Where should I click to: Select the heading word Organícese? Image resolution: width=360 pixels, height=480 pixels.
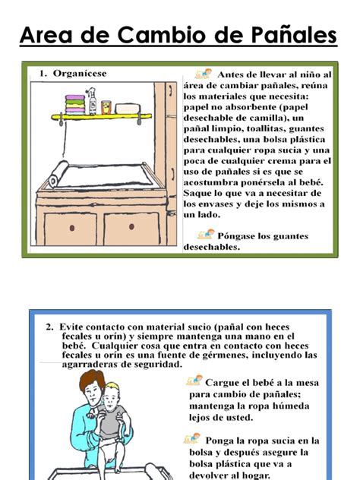pyautogui.click(x=80, y=73)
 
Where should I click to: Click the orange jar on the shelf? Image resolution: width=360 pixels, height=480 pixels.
pyautogui.click(x=106, y=107)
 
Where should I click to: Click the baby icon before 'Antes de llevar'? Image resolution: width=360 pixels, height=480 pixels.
pyautogui.click(x=203, y=74)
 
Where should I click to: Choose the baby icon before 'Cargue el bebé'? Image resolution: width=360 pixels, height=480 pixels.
pyautogui.click(x=194, y=380)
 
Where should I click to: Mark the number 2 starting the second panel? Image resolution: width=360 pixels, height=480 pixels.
pyautogui.click(x=49, y=327)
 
